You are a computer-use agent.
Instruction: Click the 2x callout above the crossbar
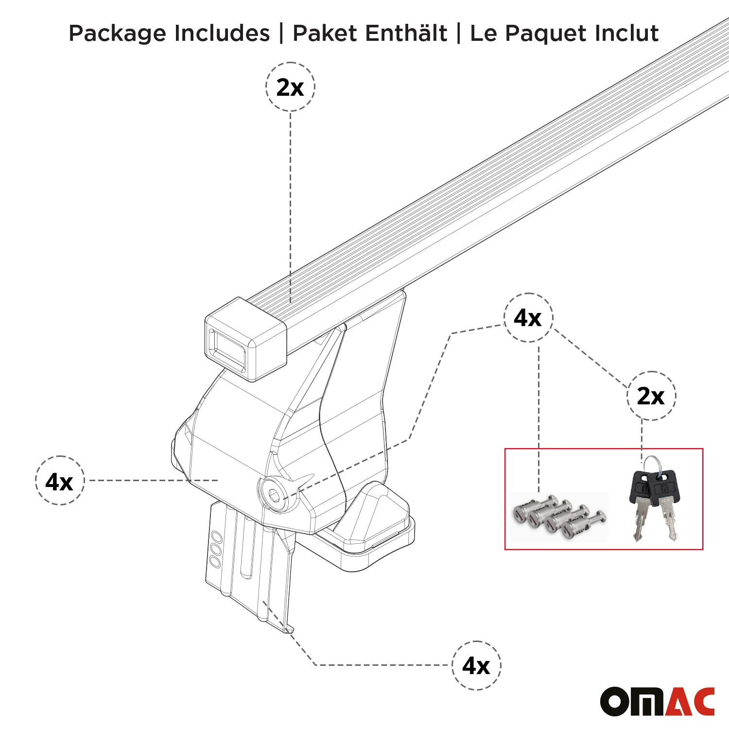[290, 87]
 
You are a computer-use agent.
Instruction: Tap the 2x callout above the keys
[651, 396]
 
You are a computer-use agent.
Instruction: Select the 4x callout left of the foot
[59, 481]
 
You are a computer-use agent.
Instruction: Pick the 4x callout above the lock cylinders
[528, 317]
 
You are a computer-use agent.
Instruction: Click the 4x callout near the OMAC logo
[476, 665]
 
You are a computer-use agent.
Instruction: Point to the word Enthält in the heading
[406, 33]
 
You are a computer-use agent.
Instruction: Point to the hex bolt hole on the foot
[274, 495]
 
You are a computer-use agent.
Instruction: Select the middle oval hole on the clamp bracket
[215, 550]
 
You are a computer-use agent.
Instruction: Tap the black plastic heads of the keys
[654, 487]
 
